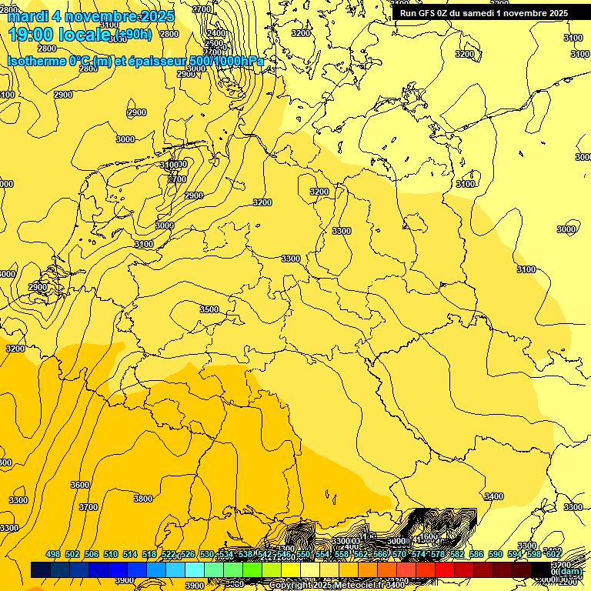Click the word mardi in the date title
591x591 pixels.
pyautogui.click(x=28, y=16)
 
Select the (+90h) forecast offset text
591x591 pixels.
pyautogui.click(x=135, y=34)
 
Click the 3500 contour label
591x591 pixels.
pyautogui.click(x=209, y=309)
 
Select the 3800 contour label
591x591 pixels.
pyautogui.click(x=143, y=499)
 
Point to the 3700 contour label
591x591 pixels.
pyautogui.click(x=88, y=507)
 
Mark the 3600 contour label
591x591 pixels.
pyautogui.click(x=80, y=485)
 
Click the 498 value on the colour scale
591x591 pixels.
pyautogui.click(x=53, y=554)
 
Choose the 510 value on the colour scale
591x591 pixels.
pyautogui.click(x=111, y=554)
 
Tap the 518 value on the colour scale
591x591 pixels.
pyautogui.click(x=149, y=554)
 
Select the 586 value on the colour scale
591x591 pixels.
pyautogui.click(x=476, y=554)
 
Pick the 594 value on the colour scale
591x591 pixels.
pyautogui.click(x=515, y=554)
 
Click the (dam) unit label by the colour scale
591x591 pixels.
pyautogui.click(x=568, y=571)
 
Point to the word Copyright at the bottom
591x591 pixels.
pyautogui.click(x=291, y=586)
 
